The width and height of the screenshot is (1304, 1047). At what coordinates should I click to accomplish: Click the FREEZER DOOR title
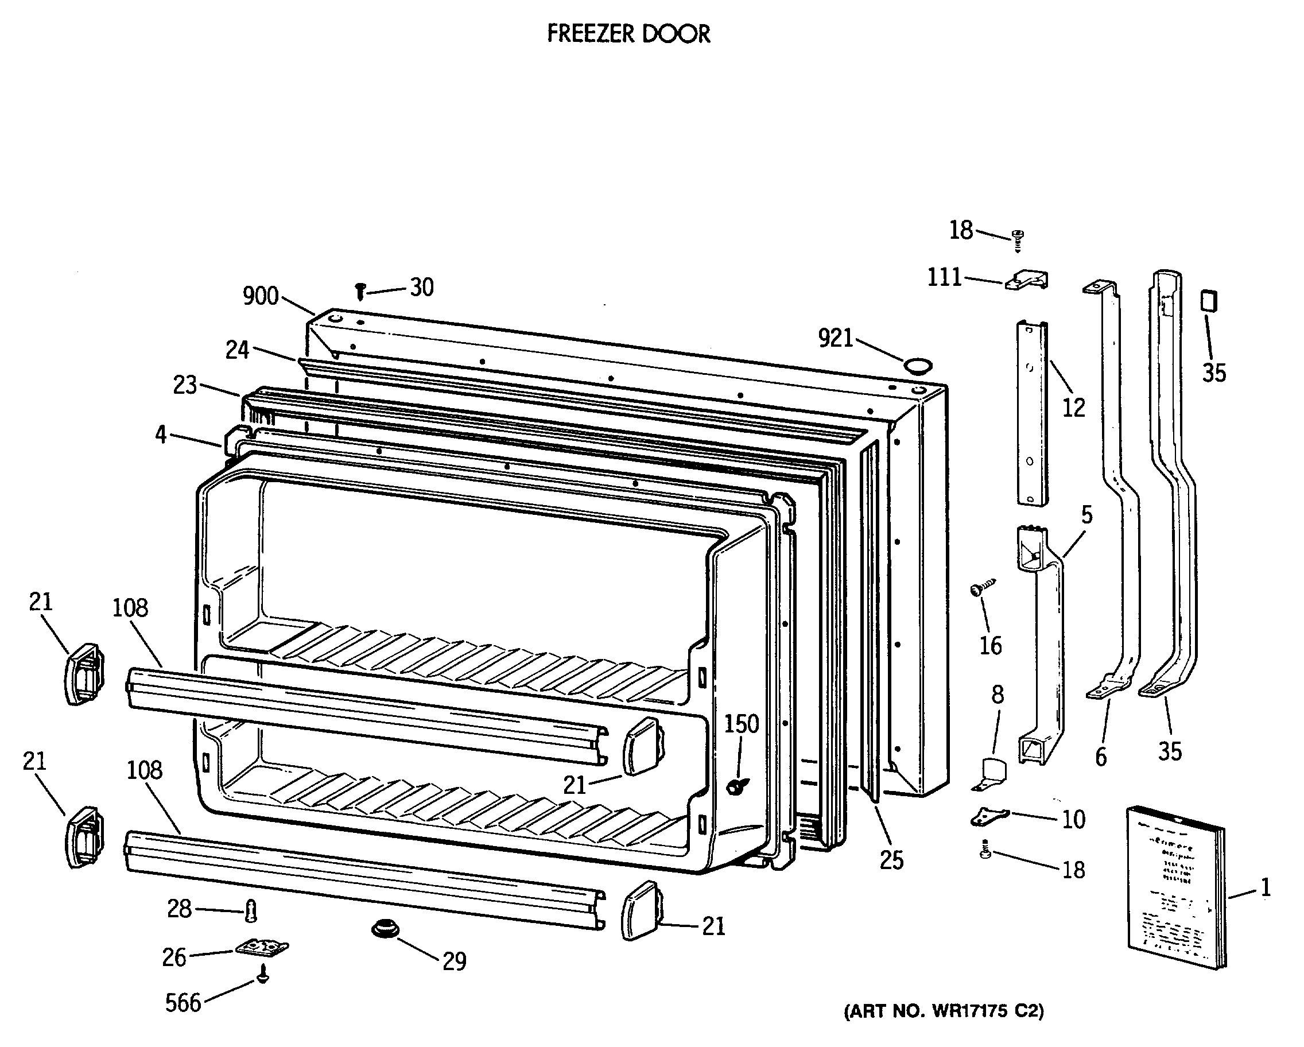coord(628,34)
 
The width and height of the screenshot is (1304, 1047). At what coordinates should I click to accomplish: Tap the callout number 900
coord(260,296)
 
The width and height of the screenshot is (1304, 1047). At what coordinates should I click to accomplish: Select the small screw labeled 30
coord(360,292)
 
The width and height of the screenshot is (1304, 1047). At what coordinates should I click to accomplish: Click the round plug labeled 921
coord(918,364)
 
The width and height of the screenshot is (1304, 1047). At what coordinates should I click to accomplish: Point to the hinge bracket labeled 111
coord(1026,280)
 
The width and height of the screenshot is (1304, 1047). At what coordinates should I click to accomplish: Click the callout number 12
coord(1074,408)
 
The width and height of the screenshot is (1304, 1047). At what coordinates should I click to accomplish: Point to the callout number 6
coord(1101,757)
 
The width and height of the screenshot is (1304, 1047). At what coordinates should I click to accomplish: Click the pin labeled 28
coord(251,910)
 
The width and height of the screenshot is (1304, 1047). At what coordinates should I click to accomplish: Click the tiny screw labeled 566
coord(262,975)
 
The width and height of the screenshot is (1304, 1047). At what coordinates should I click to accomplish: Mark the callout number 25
coord(891,860)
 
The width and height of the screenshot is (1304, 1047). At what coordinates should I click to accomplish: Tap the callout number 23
coord(185,385)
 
